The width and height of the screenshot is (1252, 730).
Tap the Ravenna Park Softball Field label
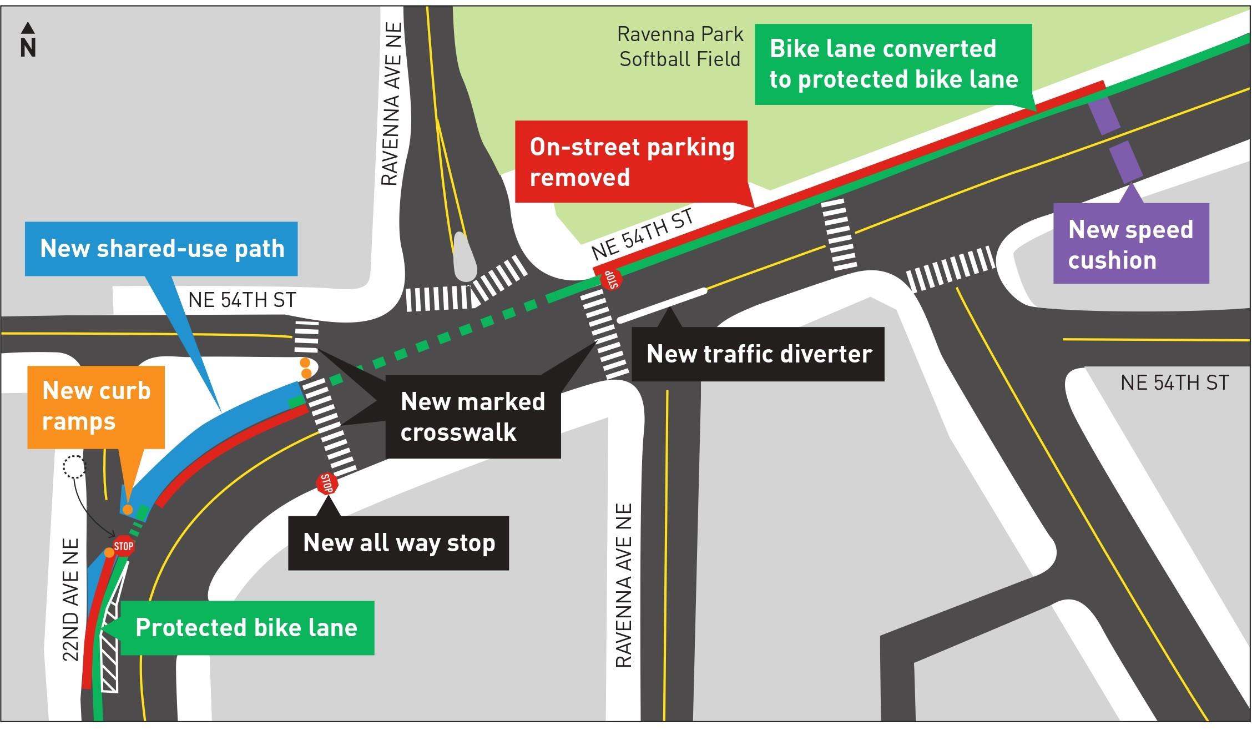pyautogui.click(x=680, y=47)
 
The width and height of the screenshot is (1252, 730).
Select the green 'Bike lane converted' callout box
pyautogui.click(x=893, y=64)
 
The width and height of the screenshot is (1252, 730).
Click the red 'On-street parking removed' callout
pyautogui.click(x=632, y=162)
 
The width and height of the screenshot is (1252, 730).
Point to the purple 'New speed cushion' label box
pyautogui.click(x=1130, y=244)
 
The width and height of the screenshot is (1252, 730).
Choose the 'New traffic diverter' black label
pyautogui.click(x=758, y=354)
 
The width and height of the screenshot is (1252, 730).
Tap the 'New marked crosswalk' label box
pyautogui.click(x=473, y=416)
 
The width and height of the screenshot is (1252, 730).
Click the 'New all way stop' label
pyautogui.click(x=398, y=542)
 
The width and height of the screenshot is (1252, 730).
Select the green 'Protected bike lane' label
pyautogui.click(x=246, y=628)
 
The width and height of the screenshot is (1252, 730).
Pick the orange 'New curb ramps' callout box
pyautogui.click(x=96, y=406)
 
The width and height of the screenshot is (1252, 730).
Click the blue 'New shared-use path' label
pyautogui.click(x=161, y=249)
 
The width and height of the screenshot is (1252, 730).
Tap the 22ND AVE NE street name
pyautogui.click(x=70, y=600)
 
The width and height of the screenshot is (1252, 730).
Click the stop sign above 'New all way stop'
pyautogui.click(x=327, y=484)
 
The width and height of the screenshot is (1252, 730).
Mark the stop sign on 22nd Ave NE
pyautogui.click(x=123, y=546)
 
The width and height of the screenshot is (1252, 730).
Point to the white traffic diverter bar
pyautogui.click(x=662, y=305)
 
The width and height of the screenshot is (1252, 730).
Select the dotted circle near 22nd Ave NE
pyautogui.click(x=75, y=467)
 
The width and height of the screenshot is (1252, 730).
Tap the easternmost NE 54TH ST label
pyautogui.click(x=1174, y=382)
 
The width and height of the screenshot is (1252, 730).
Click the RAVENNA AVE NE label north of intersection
pyautogui.click(x=392, y=104)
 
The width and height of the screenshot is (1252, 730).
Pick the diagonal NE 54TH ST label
pyautogui.click(x=643, y=235)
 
